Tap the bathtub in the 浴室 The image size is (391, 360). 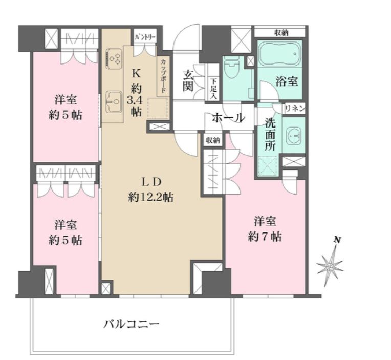click(280, 55)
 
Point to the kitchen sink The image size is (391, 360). click(114, 100)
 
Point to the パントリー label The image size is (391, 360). click(145, 38)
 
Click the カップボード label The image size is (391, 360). click(163, 76)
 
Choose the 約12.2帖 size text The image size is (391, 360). click(150, 197)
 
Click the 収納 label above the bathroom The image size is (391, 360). click(280, 32)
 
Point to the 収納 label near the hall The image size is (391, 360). click(213, 140)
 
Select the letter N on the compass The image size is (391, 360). click(337, 240)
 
